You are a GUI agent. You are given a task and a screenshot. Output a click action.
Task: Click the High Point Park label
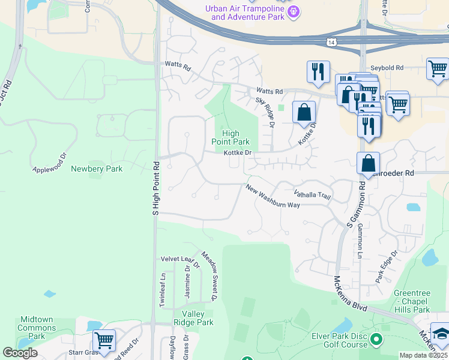tap(230, 138)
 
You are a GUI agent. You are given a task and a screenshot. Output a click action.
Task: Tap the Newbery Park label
tap(97, 169)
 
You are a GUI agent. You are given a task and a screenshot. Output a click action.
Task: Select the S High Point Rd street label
tap(155, 188)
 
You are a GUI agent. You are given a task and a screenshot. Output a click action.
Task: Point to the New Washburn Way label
tap(273, 196)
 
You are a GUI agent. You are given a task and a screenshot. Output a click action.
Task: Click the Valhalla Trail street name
tap(312, 194)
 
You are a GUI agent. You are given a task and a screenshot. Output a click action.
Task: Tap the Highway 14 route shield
tap(331, 42)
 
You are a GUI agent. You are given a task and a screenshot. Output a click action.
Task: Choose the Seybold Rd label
tap(387, 68)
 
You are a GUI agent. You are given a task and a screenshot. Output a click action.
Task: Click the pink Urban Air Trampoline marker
tap(294, 13)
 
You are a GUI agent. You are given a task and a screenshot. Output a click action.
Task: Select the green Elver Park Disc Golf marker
tap(376, 340)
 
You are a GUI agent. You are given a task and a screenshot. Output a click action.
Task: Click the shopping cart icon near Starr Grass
tap(104, 340)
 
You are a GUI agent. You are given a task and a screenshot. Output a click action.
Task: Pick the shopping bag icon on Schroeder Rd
tap(368, 163)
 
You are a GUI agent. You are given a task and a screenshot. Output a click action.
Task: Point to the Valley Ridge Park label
tap(193, 318)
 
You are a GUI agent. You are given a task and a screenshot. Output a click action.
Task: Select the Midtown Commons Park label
tap(37, 328)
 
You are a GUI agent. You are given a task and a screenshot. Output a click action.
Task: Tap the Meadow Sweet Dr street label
tap(208, 276)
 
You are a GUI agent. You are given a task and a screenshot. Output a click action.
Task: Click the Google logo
tap(20, 353)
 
